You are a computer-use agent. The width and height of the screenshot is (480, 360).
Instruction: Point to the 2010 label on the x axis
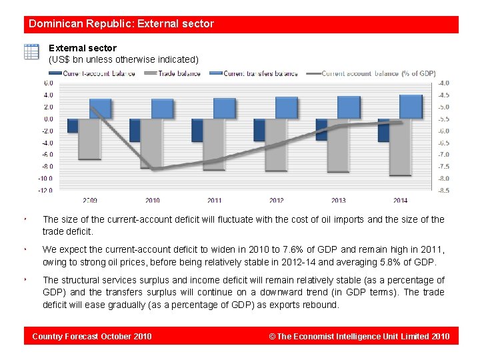click(153, 200)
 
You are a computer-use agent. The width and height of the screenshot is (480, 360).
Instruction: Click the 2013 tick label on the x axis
click(338, 200)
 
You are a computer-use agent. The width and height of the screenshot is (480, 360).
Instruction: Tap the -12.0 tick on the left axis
click(45, 191)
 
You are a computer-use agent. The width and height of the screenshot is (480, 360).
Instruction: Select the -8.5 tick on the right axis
click(443, 191)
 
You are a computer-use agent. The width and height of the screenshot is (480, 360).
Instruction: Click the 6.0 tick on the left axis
click(49, 83)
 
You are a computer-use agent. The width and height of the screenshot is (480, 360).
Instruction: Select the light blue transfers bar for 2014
click(401, 107)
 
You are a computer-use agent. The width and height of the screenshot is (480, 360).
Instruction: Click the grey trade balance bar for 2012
click(277, 145)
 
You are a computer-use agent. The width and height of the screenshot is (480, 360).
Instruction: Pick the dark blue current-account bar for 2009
click(73, 125)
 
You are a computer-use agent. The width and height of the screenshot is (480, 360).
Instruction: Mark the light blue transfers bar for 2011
click(215, 109)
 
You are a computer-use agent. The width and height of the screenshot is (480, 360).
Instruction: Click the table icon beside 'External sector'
click(31, 52)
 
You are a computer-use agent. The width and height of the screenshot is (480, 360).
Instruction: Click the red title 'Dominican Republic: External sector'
click(121, 24)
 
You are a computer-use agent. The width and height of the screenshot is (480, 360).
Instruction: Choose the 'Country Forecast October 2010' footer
click(92, 336)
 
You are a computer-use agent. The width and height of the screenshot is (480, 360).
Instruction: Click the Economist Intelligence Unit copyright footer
click(359, 336)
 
